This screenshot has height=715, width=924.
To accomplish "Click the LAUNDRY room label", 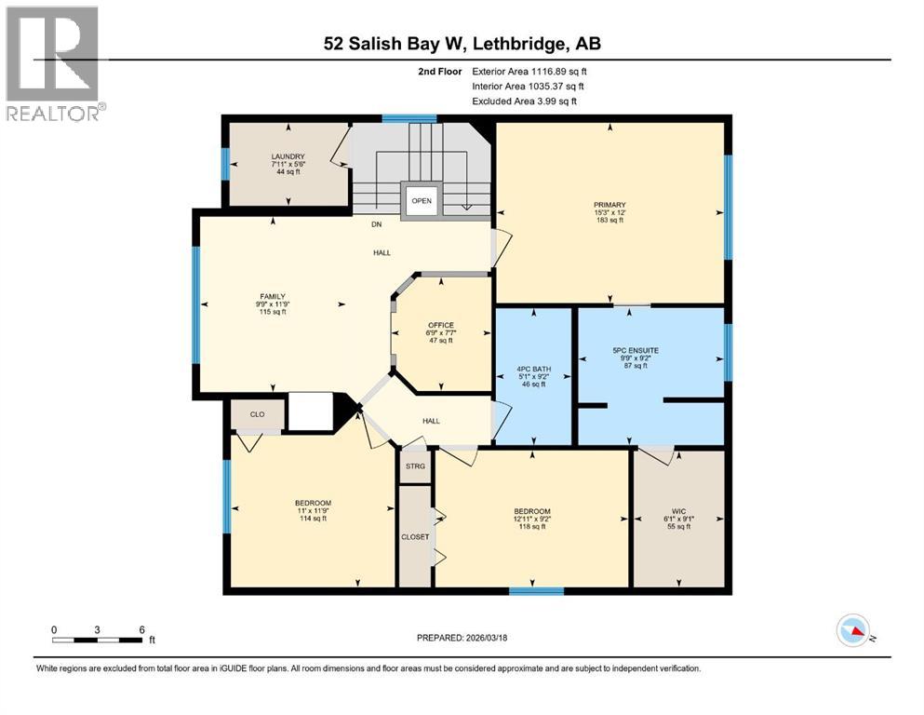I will pos(288,156).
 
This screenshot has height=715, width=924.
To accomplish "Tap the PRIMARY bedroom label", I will pos(609,205).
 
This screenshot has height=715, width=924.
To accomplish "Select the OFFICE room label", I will pos(440,325).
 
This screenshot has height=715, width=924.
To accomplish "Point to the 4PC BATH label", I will pos(535,370).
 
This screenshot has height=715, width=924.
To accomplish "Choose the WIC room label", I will pos(678,511).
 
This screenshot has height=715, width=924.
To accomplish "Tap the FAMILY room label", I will pos(272,296).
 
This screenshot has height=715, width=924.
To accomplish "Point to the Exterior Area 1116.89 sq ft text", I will pos(529,71).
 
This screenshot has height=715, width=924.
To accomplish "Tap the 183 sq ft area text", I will pos(609,220).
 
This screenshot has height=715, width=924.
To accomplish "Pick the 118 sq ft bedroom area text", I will pos(532,527).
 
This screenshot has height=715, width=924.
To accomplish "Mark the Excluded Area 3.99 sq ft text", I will pos(524,101).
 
